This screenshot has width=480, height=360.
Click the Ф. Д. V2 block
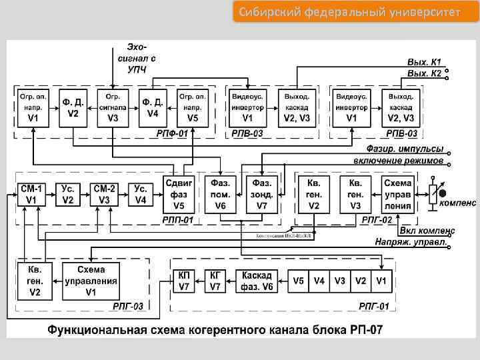[73, 107]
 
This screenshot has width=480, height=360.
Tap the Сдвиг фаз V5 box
[180, 194]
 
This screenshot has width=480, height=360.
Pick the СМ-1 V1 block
[30, 194]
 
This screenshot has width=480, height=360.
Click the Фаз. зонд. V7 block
[261, 194]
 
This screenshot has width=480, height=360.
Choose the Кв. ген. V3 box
[355, 194]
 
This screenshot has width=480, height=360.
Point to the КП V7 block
[185, 281]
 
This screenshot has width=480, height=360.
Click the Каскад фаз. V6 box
[257, 281]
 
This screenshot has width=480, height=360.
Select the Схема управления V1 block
[91, 281]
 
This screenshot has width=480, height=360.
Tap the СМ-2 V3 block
[104, 194]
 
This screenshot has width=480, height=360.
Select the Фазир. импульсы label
[404, 149]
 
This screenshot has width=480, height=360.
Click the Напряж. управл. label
[410, 243]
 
